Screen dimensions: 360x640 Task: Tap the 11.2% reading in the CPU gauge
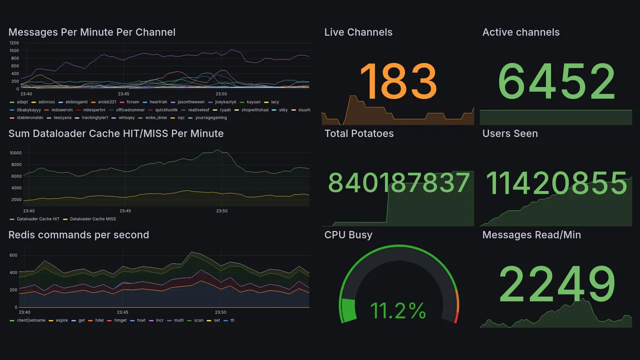398,311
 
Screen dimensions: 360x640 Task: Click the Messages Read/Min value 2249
556,283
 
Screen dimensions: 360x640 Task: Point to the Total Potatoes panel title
358,133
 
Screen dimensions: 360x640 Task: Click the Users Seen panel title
510,133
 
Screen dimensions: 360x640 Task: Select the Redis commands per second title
78,235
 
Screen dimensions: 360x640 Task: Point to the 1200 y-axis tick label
14,43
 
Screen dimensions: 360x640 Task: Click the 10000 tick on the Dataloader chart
15,153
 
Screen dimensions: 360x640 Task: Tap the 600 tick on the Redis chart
13,255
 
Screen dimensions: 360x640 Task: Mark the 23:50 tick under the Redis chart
221,312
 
